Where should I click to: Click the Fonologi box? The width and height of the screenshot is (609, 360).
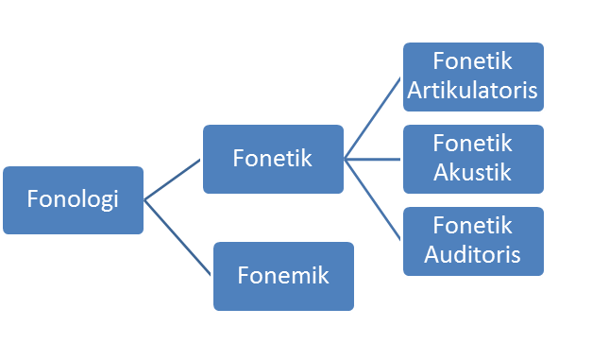coord(73,199)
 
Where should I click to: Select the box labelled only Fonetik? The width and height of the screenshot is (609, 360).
coord(273,159)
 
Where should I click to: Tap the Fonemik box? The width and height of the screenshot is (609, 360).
coord(283,276)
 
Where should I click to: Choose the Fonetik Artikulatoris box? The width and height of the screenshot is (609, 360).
coord(473,77)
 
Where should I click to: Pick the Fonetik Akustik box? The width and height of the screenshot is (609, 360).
coord(473,159)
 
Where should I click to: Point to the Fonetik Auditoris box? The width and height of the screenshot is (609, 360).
coord(473,241)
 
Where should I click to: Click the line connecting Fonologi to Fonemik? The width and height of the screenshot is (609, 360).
coord(177,237)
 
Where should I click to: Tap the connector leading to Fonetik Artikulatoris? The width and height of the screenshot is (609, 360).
coord(374,118)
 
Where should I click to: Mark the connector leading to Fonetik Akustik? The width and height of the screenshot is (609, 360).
coord(374,160)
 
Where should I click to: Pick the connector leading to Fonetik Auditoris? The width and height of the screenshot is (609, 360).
coord(374,201)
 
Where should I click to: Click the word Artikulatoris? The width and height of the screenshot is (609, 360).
coord(473,91)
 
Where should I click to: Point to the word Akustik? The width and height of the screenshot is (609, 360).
coord(473,173)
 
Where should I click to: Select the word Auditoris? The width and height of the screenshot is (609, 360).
coord(473,255)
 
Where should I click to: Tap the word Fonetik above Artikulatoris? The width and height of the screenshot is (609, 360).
coord(473,62)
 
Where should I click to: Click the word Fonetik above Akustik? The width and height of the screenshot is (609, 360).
coord(473,145)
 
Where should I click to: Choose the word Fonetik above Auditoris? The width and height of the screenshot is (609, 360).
coord(473,227)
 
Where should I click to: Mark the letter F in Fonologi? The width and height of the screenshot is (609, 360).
coord(32,200)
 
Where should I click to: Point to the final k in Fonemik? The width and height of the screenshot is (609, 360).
coord(323,276)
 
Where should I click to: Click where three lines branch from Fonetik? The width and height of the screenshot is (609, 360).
coord(346,160)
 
